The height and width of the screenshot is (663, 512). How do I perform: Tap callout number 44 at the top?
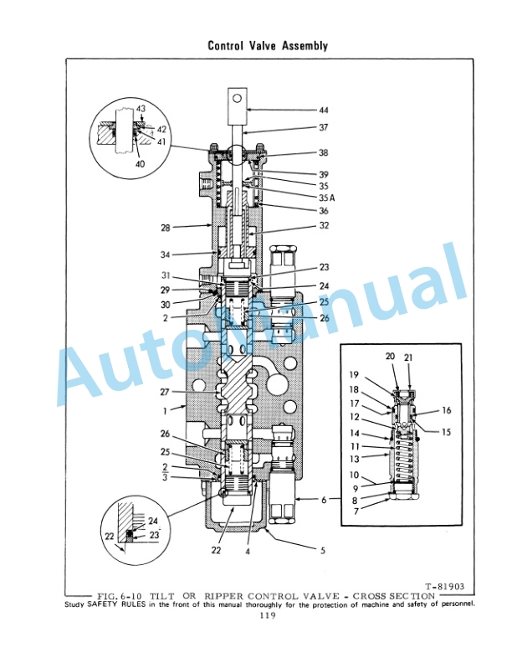click(x=324, y=110)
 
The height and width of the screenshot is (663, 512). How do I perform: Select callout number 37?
click(x=324, y=128)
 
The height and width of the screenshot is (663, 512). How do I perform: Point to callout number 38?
click(x=324, y=153)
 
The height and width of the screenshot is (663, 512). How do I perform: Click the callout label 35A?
click(x=326, y=198)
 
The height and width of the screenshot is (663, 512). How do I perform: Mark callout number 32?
click(x=323, y=227)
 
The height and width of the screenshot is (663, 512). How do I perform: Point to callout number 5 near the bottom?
click(x=324, y=551)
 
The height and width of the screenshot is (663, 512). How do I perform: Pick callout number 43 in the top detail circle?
click(x=141, y=110)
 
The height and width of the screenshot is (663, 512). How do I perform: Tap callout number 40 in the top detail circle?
click(x=139, y=164)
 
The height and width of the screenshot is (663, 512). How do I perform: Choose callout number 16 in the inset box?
click(x=446, y=411)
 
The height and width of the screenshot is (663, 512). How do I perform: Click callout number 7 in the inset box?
click(x=355, y=510)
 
